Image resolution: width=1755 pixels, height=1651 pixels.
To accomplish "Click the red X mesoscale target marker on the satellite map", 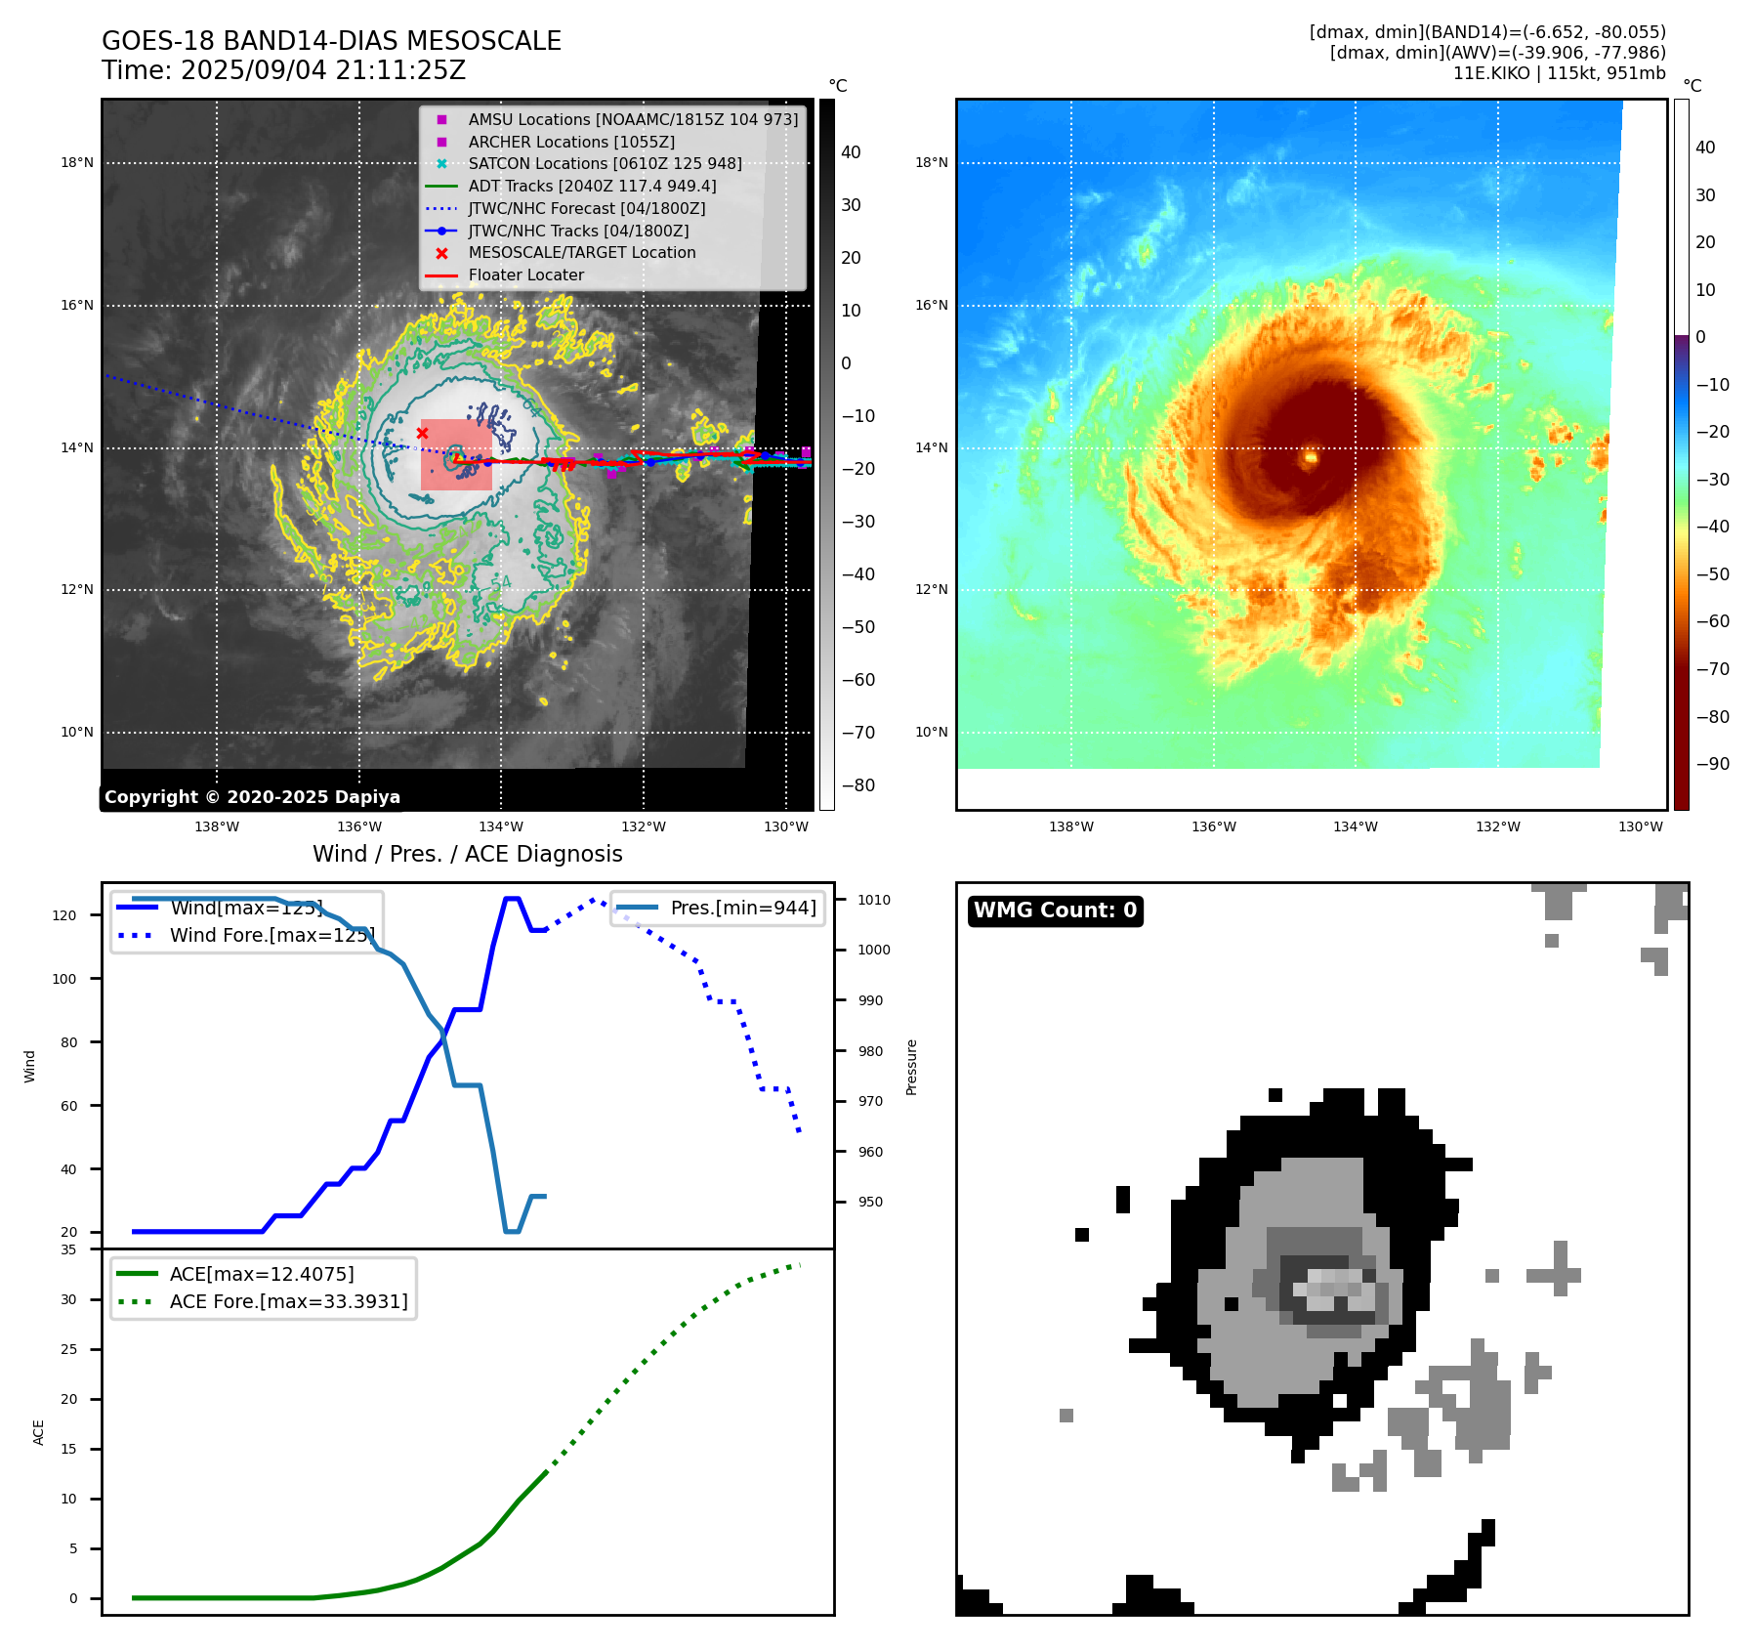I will click(422, 433).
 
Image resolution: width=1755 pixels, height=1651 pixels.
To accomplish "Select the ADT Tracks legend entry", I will click(592, 186).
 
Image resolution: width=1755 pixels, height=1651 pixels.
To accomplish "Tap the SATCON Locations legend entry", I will click(605, 163).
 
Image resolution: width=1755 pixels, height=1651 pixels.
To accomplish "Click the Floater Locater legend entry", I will click(525, 275).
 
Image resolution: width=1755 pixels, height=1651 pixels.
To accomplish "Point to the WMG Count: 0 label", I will click(1055, 910).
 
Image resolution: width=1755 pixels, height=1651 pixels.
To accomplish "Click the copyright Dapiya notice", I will click(252, 797).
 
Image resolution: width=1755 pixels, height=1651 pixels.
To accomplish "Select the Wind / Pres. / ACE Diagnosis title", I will click(467, 854).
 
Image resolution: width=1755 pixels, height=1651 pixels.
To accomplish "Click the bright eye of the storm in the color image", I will click(1311, 456).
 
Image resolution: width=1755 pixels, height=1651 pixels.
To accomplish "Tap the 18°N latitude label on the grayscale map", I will click(77, 163).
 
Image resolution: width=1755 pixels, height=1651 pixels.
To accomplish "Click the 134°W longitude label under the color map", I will click(1356, 826).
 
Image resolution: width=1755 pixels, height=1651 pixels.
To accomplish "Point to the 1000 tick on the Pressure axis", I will click(874, 950).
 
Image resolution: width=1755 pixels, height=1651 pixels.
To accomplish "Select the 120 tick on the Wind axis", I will click(64, 915).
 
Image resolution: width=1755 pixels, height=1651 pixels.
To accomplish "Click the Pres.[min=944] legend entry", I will click(742, 908).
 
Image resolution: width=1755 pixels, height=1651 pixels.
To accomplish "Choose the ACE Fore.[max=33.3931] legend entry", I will click(288, 1301).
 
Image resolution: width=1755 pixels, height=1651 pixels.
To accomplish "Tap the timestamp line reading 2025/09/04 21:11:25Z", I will click(283, 70).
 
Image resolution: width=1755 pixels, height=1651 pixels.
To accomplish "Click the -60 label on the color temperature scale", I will click(1712, 621).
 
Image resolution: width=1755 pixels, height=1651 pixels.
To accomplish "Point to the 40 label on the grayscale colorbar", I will click(851, 152).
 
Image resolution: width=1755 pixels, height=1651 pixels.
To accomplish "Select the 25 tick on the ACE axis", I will click(68, 1349).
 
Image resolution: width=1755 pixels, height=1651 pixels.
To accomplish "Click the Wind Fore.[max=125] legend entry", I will click(272, 935).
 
